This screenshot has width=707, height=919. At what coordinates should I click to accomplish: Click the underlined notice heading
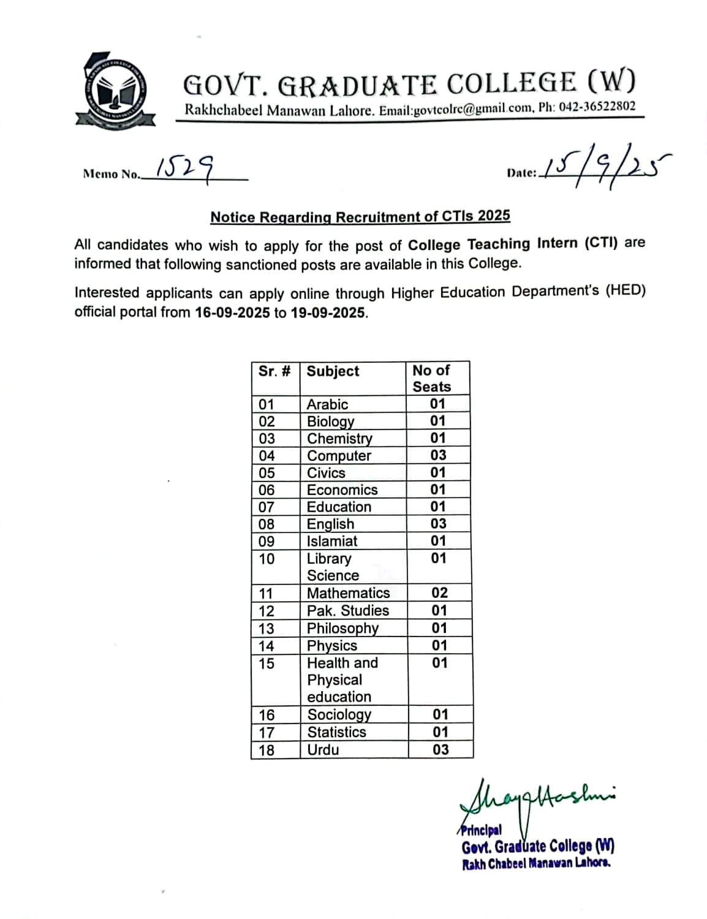(360, 217)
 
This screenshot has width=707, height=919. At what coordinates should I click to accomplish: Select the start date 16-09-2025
(232, 312)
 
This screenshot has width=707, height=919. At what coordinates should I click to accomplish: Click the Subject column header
(333, 371)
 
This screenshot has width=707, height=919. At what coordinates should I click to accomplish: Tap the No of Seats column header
(432, 378)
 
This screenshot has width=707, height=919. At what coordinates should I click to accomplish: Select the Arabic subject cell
(327, 404)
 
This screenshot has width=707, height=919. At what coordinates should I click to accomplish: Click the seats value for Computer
(438, 455)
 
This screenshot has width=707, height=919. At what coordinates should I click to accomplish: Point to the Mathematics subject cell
(348, 593)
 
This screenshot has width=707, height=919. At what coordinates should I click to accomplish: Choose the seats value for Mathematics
(439, 592)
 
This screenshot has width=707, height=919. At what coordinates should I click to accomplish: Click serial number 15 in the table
(267, 664)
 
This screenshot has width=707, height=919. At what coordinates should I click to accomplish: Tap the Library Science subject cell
(332, 567)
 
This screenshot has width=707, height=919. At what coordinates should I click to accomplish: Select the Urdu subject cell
(323, 749)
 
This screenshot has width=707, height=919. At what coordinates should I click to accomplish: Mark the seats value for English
(438, 524)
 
